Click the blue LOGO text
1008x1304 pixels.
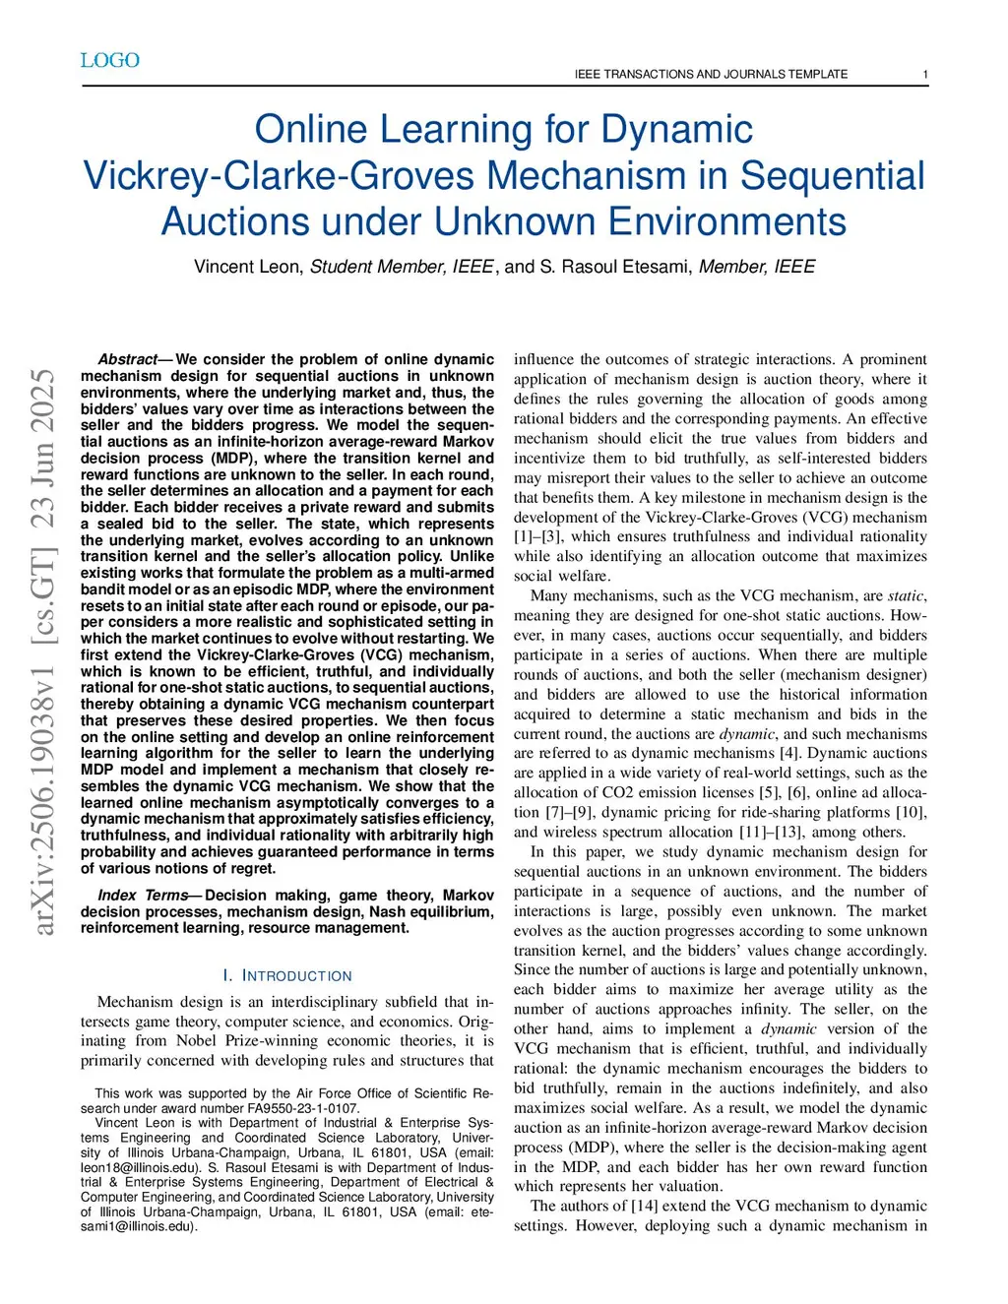click(x=110, y=61)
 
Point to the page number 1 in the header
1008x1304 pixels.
click(x=925, y=75)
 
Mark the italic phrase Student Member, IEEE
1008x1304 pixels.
click(x=402, y=267)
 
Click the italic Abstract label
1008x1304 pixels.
click(x=128, y=360)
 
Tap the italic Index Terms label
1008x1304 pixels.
click(x=143, y=896)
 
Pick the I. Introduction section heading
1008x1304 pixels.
click(x=287, y=976)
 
